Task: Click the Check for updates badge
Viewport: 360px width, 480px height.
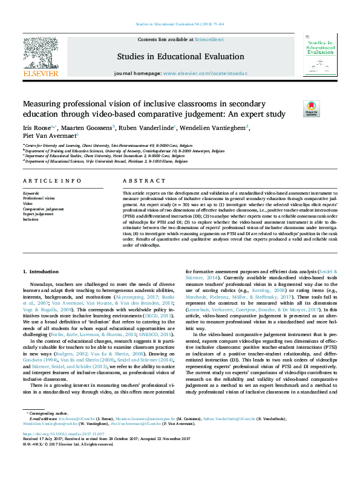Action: click(x=294, y=109)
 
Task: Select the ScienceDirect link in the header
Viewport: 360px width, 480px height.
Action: click(x=209, y=39)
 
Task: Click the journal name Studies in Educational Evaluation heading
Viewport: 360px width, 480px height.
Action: click(x=180, y=56)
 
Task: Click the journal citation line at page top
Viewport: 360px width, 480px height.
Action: click(x=180, y=24)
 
